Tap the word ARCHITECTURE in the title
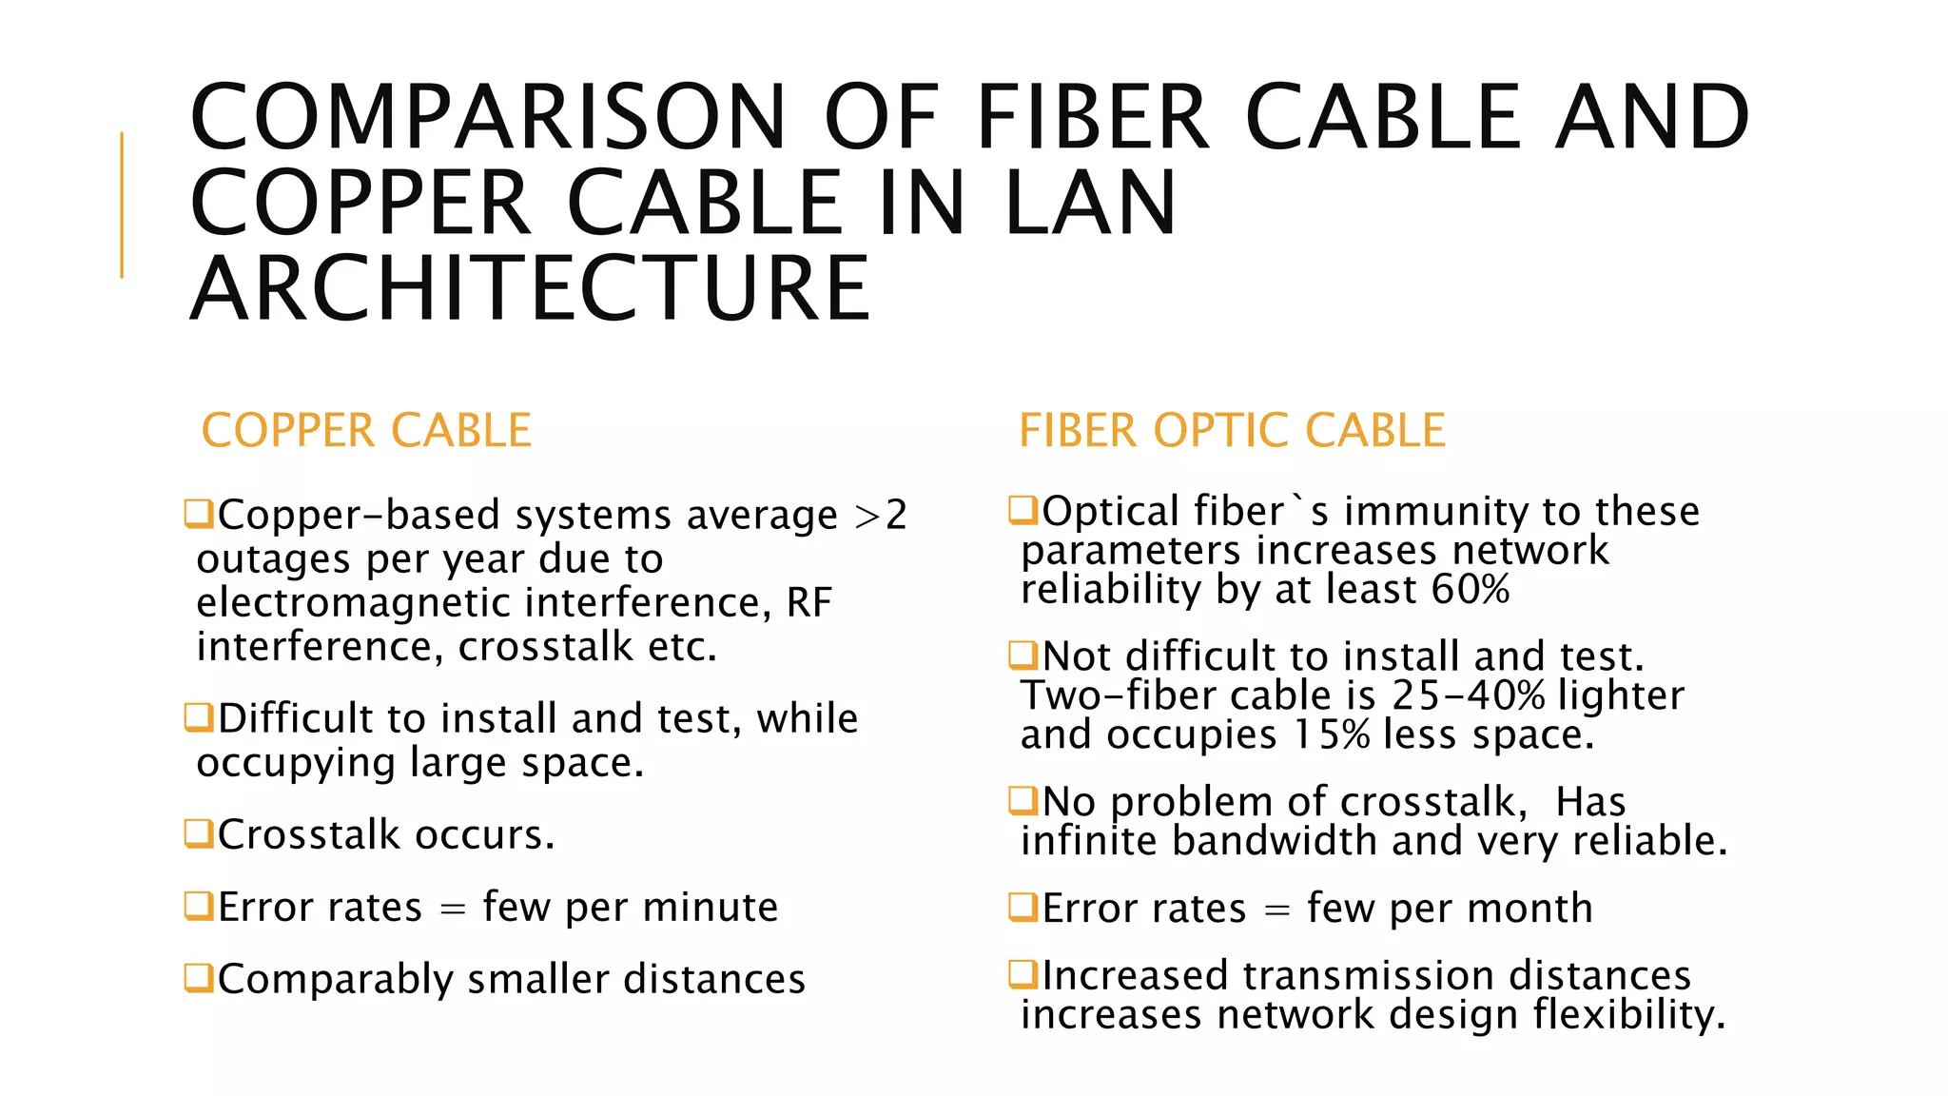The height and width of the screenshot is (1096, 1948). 531,288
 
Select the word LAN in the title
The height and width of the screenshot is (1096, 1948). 1091,203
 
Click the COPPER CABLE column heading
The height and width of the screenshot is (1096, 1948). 366,431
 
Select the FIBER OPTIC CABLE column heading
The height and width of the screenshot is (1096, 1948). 1232,431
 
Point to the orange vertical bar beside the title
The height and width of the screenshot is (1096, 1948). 122,205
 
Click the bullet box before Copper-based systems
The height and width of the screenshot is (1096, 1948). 199,514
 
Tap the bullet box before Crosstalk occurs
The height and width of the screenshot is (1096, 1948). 199,833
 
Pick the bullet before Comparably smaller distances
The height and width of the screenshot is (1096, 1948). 199,977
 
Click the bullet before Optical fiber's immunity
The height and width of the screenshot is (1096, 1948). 1023,510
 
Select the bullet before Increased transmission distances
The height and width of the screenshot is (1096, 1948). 1023,974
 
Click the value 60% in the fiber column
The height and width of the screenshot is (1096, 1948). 1471,590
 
